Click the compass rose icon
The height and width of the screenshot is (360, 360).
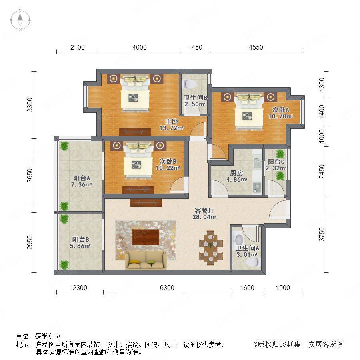tap(20, 20)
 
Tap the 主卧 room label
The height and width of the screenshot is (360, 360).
tap(172, 121)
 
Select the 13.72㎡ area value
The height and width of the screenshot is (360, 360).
tap(172, 128)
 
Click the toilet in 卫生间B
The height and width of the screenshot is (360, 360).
tap(189, 84)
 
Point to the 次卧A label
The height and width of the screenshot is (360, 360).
tap(280, 110)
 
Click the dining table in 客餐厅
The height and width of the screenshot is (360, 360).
tap(211, 248)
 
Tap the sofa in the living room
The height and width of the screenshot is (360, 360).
tap(146, 260)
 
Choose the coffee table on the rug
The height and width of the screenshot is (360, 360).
tap(146, 237)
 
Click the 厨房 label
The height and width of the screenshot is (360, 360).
tap(236, 173)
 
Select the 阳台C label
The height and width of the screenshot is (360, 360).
tap(276, 162)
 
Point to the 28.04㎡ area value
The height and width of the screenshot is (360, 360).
tap(204, 217)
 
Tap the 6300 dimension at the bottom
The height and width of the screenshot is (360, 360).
tap(167, 288)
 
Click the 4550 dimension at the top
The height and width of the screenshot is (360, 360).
tap(256, 47)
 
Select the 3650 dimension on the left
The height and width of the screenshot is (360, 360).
tap(30, 176)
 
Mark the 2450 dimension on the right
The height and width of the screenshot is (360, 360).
tap(322, 171)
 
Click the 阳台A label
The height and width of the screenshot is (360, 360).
tap(82, 178)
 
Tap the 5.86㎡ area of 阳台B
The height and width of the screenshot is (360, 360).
tap(80, 246)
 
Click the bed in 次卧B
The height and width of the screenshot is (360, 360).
tap(138, 160)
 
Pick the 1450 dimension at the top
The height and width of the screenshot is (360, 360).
tap(195, 47)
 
